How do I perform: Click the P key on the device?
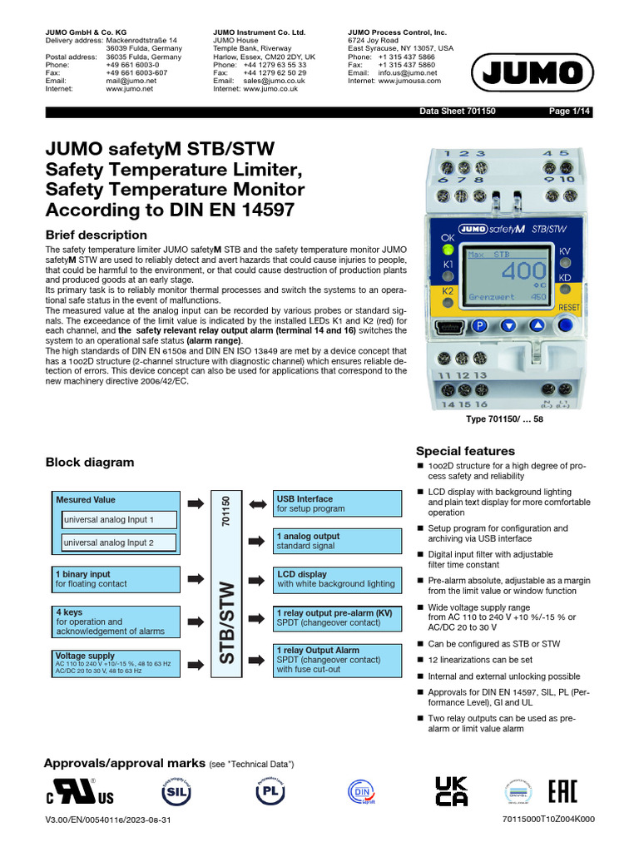click(x=480, y=326)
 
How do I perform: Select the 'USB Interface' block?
click(x=334, y=503)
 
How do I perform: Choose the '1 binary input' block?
click(x=114, y=579)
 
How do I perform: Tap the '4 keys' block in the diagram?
click(x=114, y=622)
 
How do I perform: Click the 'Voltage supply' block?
click(x=114, y=662)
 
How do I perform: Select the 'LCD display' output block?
click(x=334, y=579)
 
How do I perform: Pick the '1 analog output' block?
click(x=334, y=542)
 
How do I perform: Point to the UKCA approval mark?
click(x=451, y=791)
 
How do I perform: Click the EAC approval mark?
click(x=562, y=791)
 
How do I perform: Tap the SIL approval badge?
click(x=172, y=791)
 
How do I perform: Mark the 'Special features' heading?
click(x=465, y=451)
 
